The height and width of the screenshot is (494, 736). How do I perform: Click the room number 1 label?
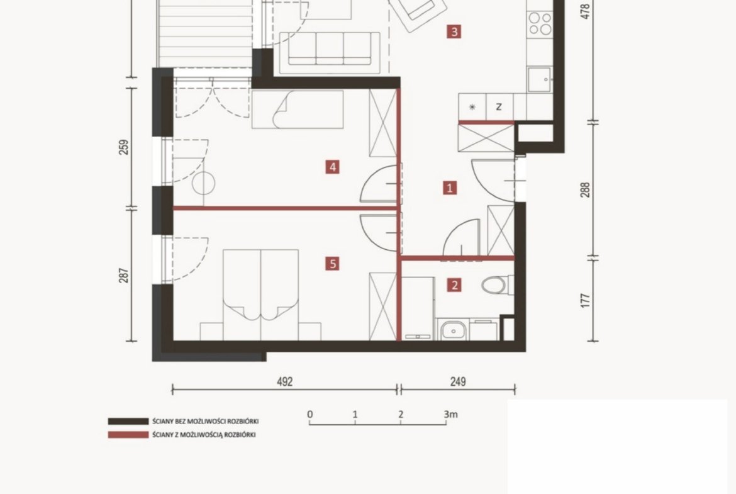coord(450,188)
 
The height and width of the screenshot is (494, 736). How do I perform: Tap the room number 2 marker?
coord(454,285)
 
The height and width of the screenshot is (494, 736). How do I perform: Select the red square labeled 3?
coord(454,32)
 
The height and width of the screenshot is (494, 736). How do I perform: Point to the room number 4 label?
coord(333,167)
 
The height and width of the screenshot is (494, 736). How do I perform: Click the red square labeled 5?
coord(333,264)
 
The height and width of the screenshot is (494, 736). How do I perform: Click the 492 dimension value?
coord(285,381)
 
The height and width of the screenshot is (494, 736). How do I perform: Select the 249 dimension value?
coord(458,381)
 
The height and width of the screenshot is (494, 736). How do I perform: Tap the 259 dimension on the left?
coord(123,147)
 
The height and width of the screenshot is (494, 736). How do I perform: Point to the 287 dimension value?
coord(123,275)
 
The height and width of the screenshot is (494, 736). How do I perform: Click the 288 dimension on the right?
coord(585,189)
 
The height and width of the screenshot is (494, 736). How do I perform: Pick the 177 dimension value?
coord(585,301)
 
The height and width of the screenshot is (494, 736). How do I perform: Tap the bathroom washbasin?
coord(453,330)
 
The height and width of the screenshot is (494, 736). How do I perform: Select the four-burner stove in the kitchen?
coord(540,23)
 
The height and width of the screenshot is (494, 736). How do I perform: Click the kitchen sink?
coord(539,79)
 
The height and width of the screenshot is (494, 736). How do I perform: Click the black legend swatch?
coord(128,421)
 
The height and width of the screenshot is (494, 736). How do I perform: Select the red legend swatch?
coord(128,435)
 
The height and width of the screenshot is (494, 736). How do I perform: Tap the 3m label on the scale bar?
coord(450,414)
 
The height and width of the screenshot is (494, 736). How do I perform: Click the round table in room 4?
coord(204,184)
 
